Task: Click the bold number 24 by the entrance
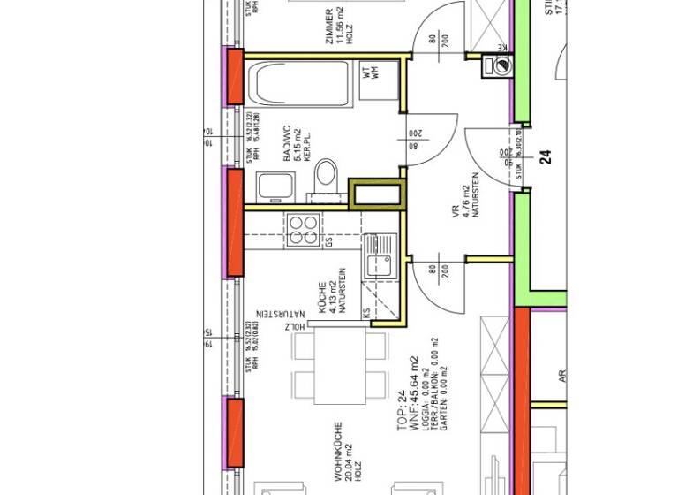coord(546,157)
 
